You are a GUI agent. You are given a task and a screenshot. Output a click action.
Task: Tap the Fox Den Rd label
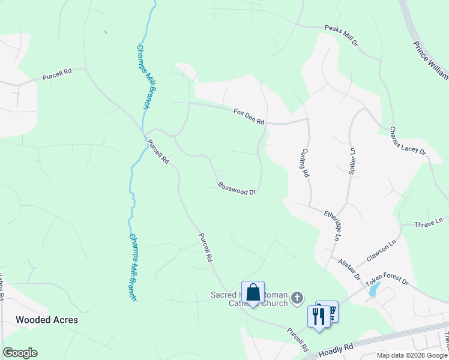click(x=249, y=116)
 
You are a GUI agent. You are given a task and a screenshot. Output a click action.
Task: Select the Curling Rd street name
click(x=305, y=163)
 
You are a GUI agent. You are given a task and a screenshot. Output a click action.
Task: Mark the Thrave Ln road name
click(x=429, y=223)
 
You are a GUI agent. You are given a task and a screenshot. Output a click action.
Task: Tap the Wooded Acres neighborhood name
click(x=47, y=320)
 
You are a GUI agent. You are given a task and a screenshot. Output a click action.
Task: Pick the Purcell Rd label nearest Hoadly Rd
click(x=298, y=339)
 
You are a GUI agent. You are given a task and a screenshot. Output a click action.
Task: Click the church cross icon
click(x=296, y=298)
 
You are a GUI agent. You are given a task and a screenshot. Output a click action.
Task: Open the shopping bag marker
click(x=253, y=293)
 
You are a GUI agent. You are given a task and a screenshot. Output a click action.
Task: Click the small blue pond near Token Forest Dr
click(x=374, y=290)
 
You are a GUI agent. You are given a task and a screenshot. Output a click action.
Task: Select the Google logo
click(x=20, y=353)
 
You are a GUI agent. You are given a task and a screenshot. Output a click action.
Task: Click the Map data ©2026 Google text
click(x=412, y=355)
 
